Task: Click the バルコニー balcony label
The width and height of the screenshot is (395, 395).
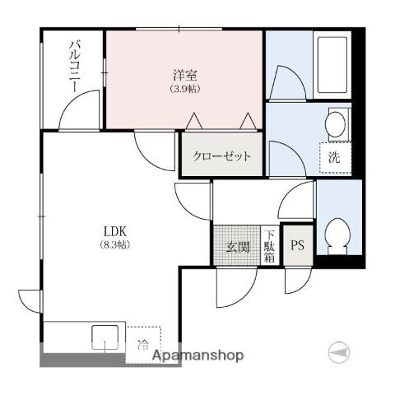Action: tap(75, 66)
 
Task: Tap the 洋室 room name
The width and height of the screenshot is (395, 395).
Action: tap(185, 75)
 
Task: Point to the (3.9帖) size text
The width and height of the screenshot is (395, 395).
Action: tap(185, 89)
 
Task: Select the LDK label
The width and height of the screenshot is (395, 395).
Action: tap(115, 232)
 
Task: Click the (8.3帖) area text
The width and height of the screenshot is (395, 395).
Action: tap(114, 244)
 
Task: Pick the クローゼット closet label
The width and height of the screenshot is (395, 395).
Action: tap(221, 156)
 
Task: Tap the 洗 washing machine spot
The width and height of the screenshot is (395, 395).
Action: tap(335, 158)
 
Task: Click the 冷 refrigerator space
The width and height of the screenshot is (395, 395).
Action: tap(143, 345)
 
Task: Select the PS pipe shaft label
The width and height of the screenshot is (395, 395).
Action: tap(298, 245)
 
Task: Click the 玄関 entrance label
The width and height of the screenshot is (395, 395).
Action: tap(238, 247)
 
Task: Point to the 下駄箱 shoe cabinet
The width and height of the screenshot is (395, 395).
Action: tap(269, 246)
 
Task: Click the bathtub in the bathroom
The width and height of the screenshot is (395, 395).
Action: tap(332, 65)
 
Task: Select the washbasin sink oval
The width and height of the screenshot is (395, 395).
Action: tap(335, 124)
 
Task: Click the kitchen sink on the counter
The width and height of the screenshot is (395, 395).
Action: tap(105, 337)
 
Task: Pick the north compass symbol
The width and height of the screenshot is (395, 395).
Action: tap(339, 352)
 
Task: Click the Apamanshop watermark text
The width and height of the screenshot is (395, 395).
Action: tap(197, 355)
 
